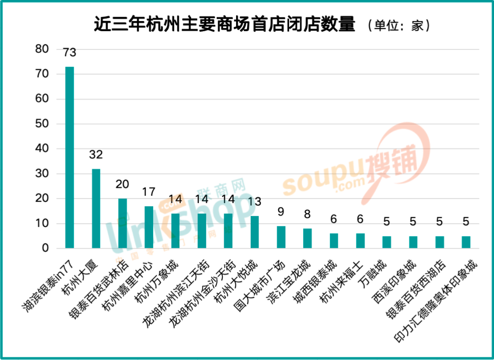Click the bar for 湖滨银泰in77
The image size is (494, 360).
(70, 157)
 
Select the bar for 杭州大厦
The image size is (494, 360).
(96, 209)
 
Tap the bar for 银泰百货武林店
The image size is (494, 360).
(123, 223)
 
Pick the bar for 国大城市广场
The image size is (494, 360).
(281, 237)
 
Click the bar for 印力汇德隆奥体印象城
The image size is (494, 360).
(466, 242)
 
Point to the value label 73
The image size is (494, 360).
(70, 53)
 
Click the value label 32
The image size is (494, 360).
(96, 155)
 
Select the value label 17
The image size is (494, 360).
(149, 192)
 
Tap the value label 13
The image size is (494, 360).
(254, 202)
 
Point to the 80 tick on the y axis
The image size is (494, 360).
(42, 49)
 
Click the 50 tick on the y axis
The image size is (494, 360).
(42, 124)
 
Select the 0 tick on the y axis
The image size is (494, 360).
(45, 248)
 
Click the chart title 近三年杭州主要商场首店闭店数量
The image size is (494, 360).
(224, 24)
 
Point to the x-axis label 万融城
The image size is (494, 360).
(374, 272)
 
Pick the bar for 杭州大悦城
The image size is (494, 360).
(254, 232)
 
